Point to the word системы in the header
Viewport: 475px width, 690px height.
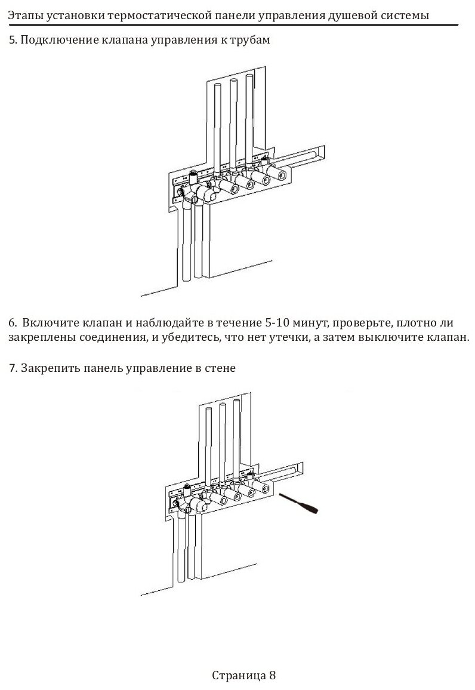(x=406, y=16)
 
